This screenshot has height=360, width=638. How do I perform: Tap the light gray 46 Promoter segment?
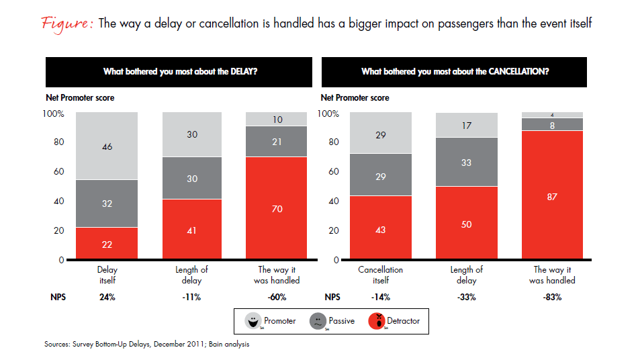107,145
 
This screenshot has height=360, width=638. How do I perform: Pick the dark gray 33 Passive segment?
467,162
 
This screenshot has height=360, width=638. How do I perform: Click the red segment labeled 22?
107,243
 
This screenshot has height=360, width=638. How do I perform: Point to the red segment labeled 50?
467,223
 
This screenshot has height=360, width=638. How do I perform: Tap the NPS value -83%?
552,296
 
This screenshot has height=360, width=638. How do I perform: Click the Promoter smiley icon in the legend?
253,321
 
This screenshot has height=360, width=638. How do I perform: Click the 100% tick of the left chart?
53,114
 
